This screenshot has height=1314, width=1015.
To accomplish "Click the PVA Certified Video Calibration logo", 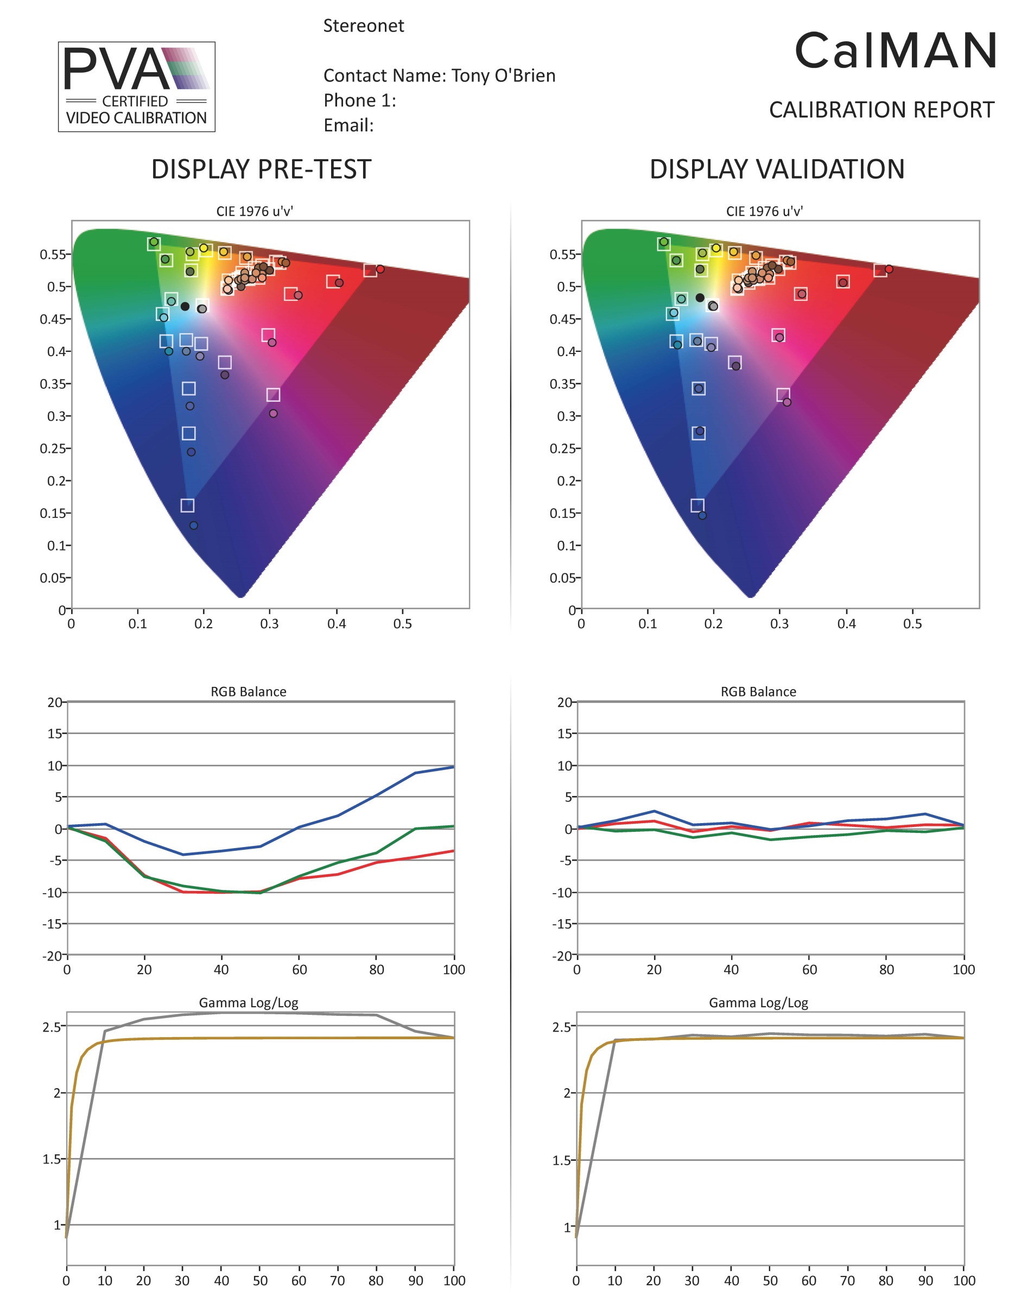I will point(136,87).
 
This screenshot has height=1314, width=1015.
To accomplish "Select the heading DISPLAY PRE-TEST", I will point(261,169).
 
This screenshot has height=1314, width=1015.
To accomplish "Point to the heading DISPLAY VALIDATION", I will point(776,169).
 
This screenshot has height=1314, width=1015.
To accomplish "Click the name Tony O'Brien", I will point(503,76).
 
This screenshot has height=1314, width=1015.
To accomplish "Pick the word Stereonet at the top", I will point(363,26).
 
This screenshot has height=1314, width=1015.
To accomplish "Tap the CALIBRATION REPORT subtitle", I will point(881,110).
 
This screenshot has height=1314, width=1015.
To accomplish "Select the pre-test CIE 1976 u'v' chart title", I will point(255,211).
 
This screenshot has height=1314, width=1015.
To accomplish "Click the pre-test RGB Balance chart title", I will point(249,691).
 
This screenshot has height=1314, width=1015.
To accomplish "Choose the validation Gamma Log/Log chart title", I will point(758,1002).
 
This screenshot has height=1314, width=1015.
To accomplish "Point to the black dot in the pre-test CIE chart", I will point(185,306).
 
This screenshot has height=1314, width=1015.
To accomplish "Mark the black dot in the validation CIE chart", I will point(700,298).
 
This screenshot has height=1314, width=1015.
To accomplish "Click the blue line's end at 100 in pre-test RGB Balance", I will point(453,767).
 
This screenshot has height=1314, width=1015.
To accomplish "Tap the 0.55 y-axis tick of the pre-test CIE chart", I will point(52,255).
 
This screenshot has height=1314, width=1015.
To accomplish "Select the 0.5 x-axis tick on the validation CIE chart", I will point(912,623).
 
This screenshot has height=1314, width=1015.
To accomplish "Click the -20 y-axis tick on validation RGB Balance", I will point(563,956).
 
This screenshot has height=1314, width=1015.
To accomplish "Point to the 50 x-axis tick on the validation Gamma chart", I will point(770,1280).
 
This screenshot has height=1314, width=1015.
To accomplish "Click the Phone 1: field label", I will point(359,100).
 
